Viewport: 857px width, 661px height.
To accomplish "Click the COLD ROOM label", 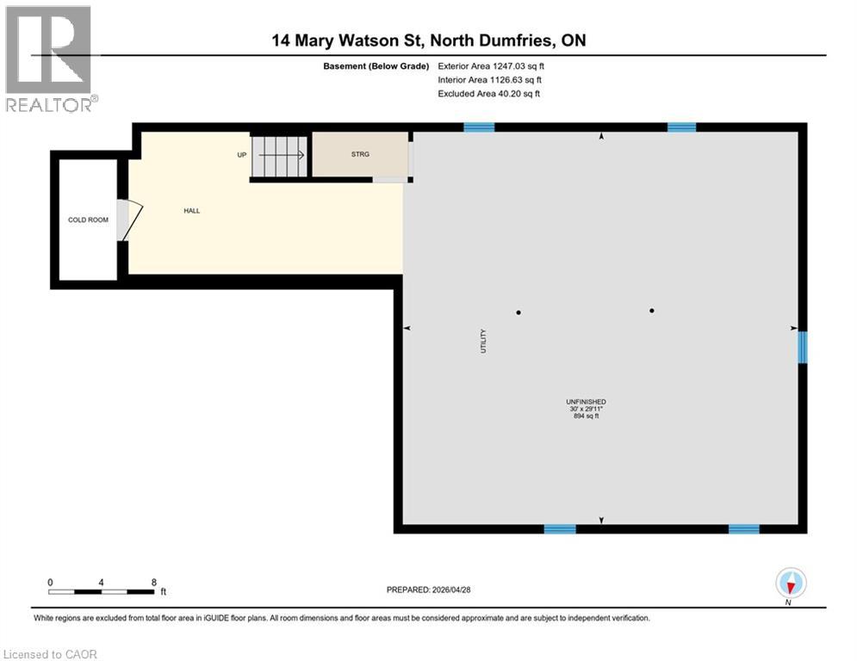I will coord(88,220).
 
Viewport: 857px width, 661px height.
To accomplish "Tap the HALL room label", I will coord(191,211).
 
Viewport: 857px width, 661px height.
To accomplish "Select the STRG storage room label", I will coord(360,155).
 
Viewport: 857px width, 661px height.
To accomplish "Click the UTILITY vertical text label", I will coord(484,341).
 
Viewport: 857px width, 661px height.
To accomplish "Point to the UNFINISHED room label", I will coord(586,402).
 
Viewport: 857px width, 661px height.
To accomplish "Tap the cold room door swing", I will coord(128,220).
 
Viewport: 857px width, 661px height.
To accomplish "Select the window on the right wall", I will coord(802,347).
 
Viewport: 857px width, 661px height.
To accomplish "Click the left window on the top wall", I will coord(479,127).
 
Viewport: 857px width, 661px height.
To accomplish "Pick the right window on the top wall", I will coord(681,127).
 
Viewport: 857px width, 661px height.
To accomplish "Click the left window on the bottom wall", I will coord(559,528).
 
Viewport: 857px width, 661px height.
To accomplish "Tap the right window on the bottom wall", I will coord(743,528).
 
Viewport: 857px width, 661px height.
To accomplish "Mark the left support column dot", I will coord(519,312).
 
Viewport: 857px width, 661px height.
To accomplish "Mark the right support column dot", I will coord(652,311).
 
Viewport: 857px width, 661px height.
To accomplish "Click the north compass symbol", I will coord(790,584).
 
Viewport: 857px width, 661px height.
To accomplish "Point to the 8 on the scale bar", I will coord(153,583).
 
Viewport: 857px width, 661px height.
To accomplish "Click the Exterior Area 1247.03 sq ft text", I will coord(490,66).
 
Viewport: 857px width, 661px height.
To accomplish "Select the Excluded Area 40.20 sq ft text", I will coord(488,94).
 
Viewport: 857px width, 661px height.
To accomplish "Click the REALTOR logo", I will coord(50,58).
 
